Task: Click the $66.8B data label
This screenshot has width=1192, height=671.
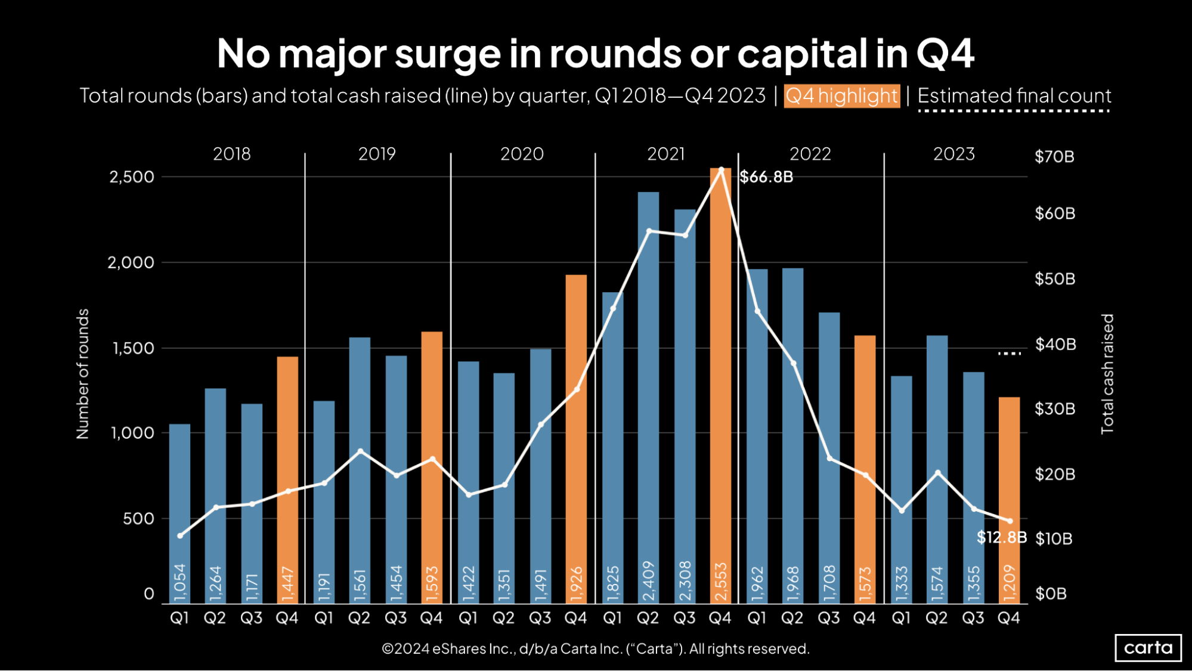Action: [x=766, y=177]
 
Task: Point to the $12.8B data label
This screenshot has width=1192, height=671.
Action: [x=1001, y=537]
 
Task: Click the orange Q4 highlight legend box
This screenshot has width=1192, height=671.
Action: [x=841, y=96]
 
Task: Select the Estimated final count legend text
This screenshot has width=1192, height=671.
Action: [x=1014, y=96]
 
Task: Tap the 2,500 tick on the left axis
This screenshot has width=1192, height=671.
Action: [x=131, y=177]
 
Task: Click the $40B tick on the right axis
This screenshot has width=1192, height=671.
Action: [x=1055, y=344]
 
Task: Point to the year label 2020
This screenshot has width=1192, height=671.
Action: [x=522, y=154]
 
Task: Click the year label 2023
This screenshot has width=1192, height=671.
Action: [x=953, y=154]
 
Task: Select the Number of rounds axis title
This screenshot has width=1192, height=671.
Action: [x=82, y=374]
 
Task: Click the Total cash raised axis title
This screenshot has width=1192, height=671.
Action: [x=1107, y=374]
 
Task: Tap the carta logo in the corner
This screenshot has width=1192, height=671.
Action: [x=1148, y=648]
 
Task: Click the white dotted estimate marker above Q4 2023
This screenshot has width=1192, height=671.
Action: [x=1010, y=354]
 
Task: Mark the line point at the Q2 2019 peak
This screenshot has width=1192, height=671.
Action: [x=360, y=451]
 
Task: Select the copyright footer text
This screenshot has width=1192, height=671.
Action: [x=595, y=648]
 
